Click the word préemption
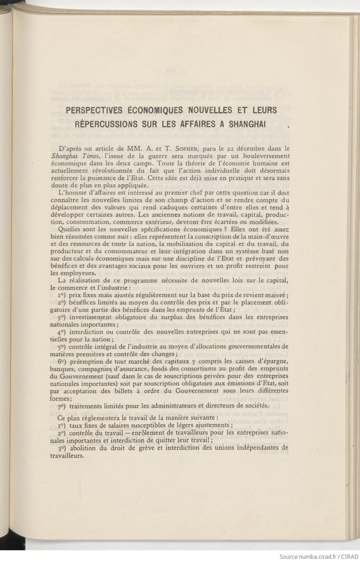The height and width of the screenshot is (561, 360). point(86,361)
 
